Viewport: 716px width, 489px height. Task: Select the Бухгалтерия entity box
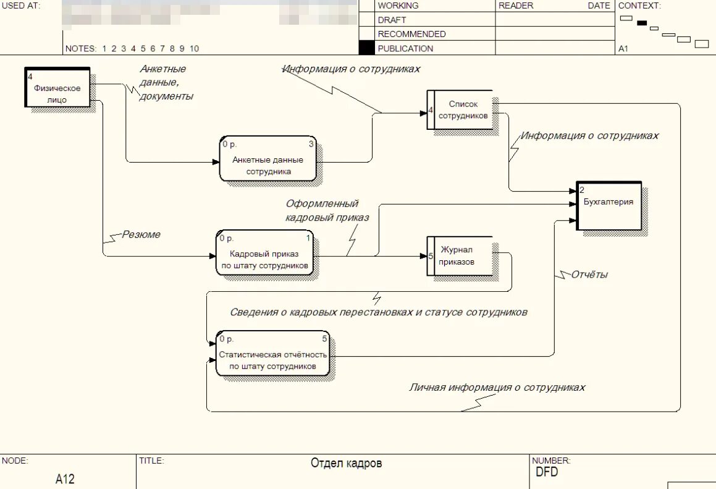(x=609, y=205)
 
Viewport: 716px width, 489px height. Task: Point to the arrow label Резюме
(x=141, y=234)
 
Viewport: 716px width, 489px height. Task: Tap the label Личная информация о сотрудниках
(x=497, y=388)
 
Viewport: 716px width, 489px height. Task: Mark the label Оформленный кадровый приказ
(x=327, y=210)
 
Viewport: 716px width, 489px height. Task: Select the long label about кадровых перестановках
(x=378, y=312)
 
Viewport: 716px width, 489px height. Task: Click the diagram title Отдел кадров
(x=346, y=463)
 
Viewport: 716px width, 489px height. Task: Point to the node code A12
(x=65, y=478)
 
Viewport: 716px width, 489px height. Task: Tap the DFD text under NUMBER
(x=547, y=472)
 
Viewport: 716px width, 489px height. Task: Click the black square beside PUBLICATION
(x=366, y=48)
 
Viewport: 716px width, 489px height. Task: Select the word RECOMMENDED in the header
(x=411, y=34)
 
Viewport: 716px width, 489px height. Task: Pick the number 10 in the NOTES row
(x=194, y=49)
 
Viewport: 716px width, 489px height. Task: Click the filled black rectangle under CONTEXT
(x=642, y=23)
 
